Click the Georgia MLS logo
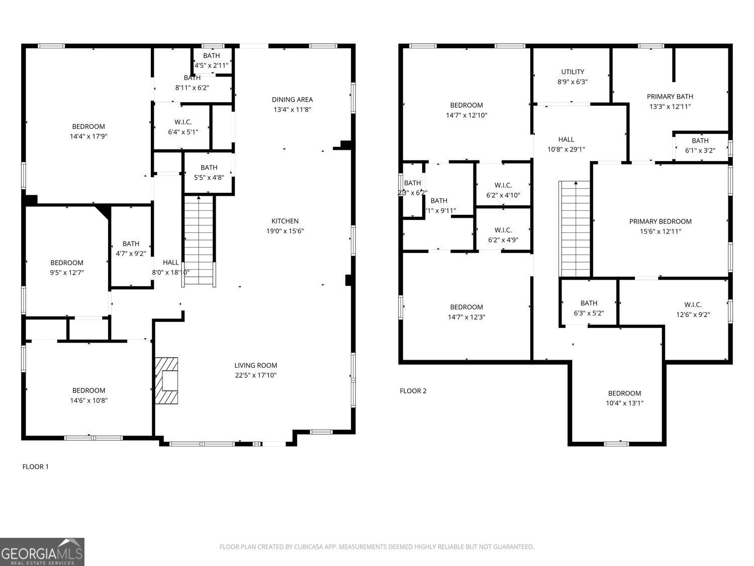click(42, 552)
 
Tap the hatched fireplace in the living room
click(166, 380)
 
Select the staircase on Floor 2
click(575, 229)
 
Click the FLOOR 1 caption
click(36, 466)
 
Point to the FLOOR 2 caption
click(413, 391)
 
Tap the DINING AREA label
click(292, 100)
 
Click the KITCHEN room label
click(285, 221)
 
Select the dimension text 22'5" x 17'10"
click(255, 375)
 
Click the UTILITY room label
click(573, 72)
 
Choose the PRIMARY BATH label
click(670, 97)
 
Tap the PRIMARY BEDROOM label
click(660, 221)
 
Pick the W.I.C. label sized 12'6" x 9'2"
click(693, 305)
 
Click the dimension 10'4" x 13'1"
click(624, 403)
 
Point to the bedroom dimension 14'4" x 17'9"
click(88, 136)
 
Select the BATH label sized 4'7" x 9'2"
click(131, 244)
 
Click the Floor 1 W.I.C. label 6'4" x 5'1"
click(183, 122)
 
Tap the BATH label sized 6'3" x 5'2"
click(589, 303)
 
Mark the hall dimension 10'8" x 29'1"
click(566, 149)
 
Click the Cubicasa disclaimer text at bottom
click(376, 547)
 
